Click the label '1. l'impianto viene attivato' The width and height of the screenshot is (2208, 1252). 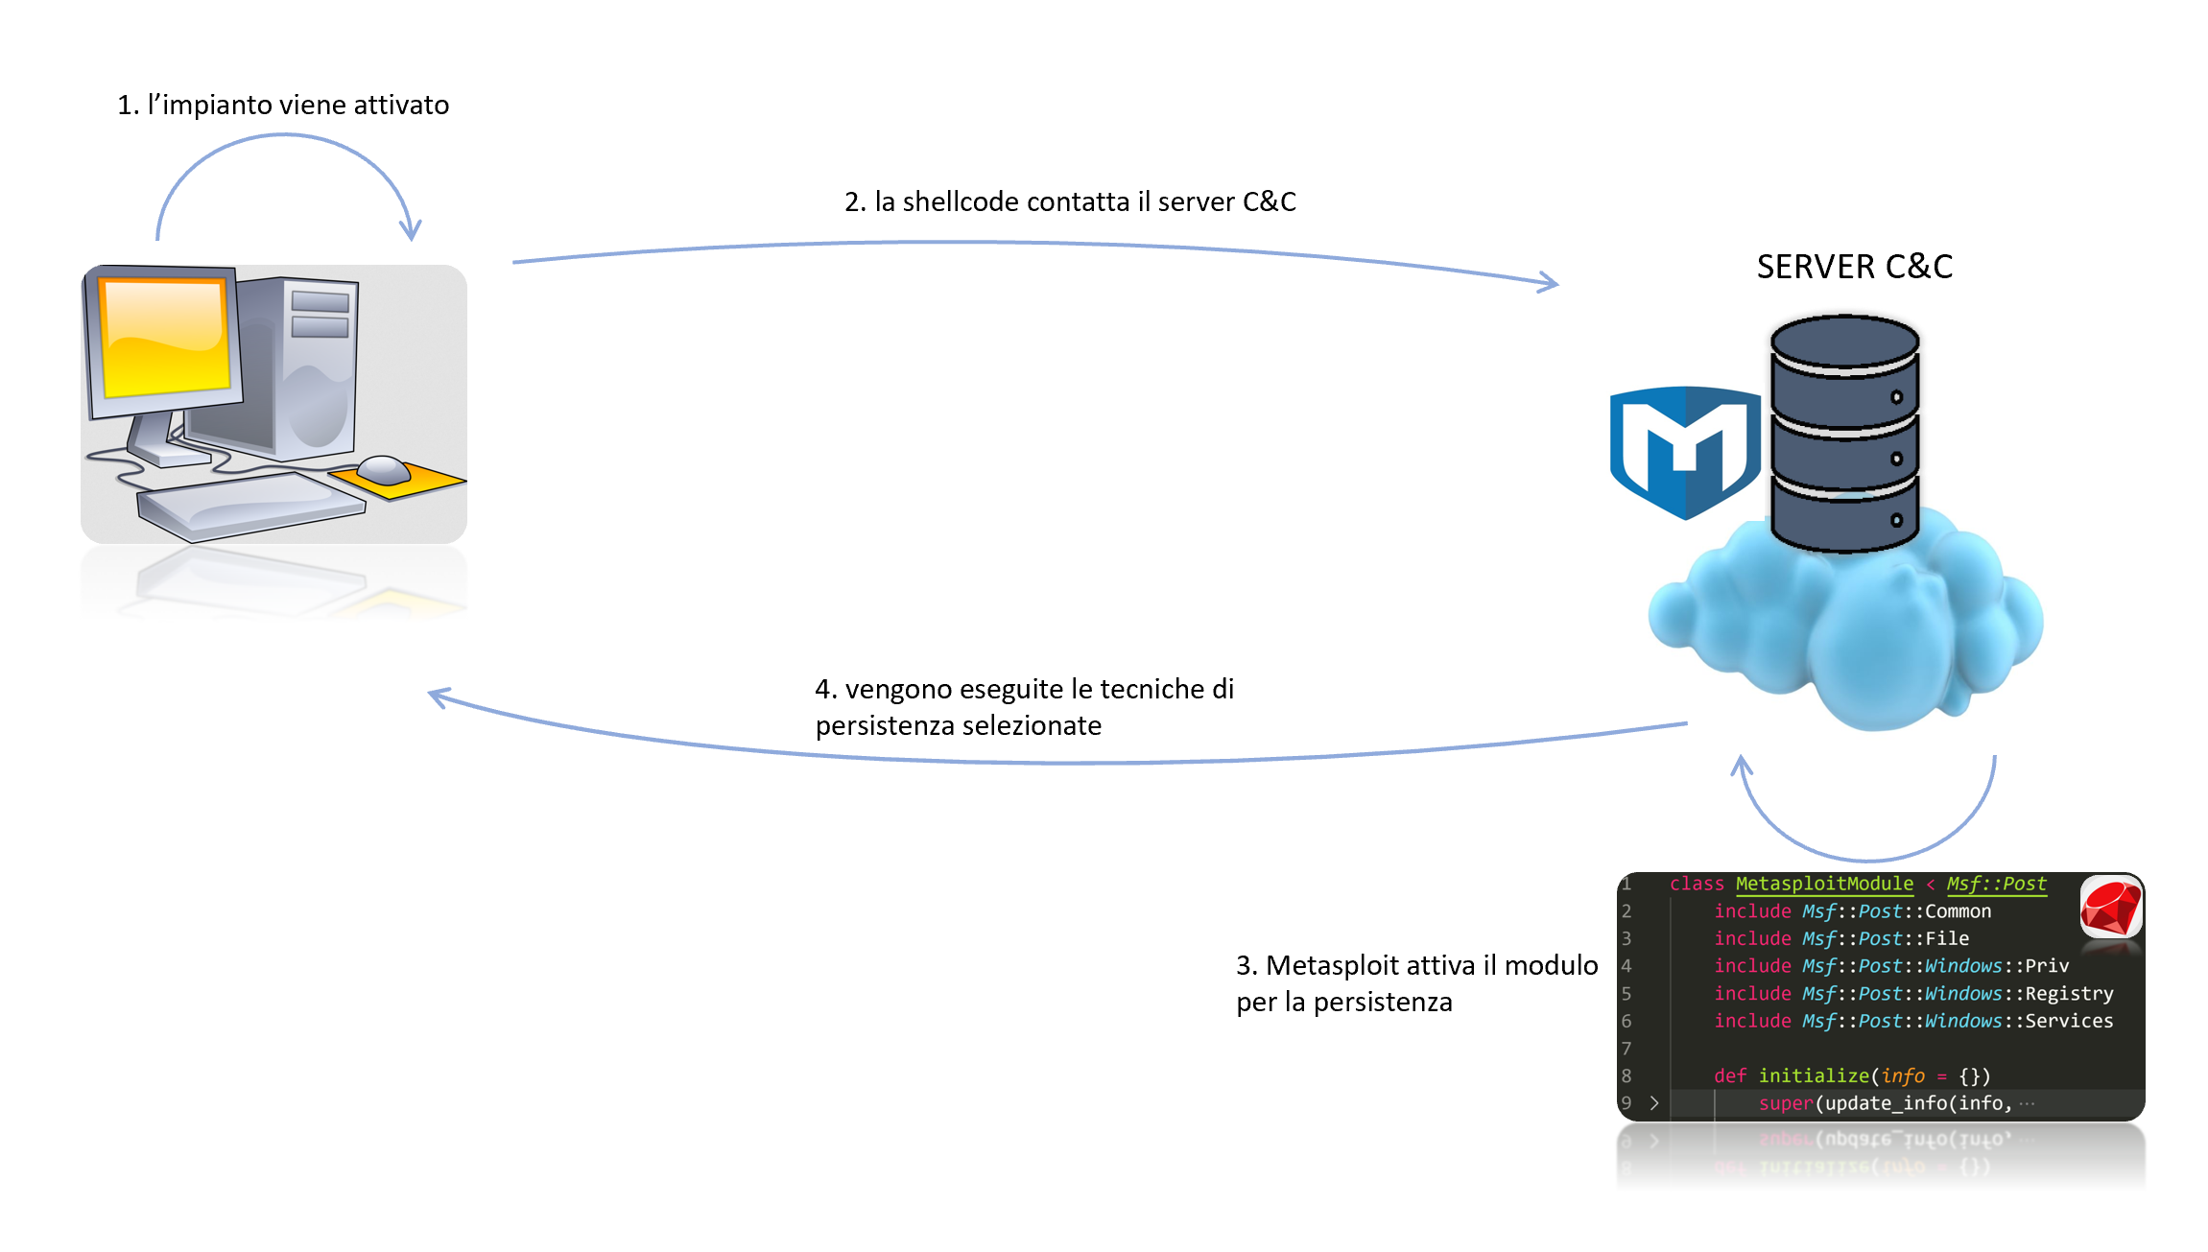coord(283,105)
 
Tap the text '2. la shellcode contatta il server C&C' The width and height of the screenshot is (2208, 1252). coord(1070,201)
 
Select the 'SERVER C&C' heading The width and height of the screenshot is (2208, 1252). coord(1854,267)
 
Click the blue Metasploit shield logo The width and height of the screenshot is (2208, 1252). coord(1684,451)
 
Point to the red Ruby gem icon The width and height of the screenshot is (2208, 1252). coord(2110,908)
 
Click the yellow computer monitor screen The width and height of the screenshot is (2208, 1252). coord(165,338)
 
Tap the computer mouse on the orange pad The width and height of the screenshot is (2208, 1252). coord(384,470)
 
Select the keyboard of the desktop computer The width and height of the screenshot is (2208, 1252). coord(249,504)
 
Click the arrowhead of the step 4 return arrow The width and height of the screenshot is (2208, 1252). coord(438,697)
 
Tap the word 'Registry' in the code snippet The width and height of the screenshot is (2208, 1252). coord(2069,993)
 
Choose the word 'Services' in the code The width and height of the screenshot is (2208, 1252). coord(2069,1021)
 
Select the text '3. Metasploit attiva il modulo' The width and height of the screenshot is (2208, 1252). coord(1416,965)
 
